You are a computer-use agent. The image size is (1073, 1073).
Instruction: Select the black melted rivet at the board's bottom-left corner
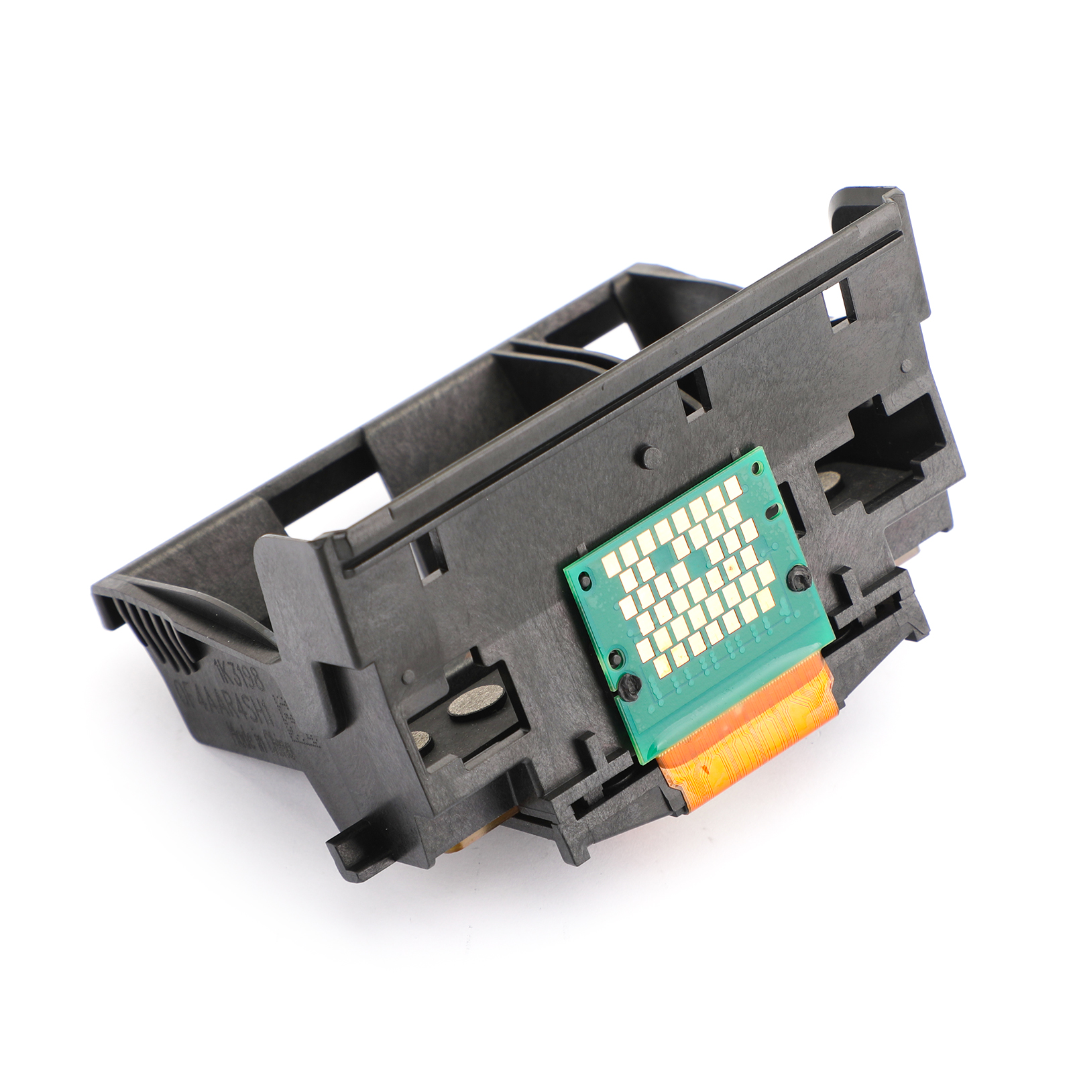click(x=628, y=683)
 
